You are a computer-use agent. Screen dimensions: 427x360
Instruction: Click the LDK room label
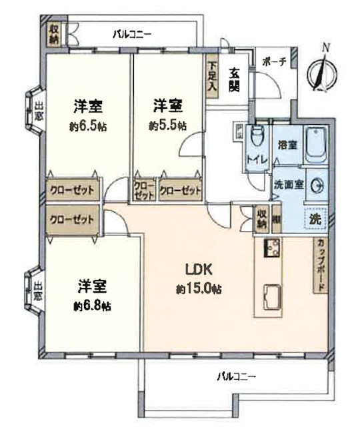click(198, 270)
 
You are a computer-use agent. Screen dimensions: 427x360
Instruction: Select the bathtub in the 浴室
click(315, 145)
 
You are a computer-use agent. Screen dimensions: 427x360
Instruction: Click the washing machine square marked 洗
click(313, 218)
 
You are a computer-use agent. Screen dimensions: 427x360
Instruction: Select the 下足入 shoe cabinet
click(211, 77)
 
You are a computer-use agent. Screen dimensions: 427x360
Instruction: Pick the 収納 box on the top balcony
click(53, 34)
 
